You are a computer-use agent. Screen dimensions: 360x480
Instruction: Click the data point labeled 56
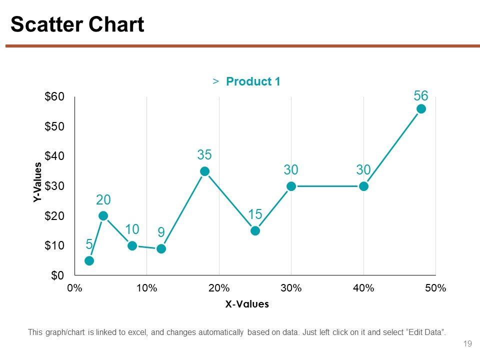point(421,109)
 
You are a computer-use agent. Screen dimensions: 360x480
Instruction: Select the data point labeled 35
point(204,171)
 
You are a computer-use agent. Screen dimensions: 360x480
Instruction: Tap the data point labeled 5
point(89,260)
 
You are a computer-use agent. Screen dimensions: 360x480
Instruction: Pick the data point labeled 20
point(103,216)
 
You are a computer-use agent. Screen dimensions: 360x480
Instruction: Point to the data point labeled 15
point(255,230)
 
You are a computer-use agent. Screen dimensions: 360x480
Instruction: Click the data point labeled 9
point(161,248)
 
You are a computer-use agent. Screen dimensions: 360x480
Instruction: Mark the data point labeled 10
point(132,245)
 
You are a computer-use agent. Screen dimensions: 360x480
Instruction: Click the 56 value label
point(421,95)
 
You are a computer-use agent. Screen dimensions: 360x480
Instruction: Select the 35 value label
point(204,155)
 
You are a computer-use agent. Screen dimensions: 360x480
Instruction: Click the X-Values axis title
point(247,303)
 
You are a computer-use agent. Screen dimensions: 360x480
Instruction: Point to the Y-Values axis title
point(37,182)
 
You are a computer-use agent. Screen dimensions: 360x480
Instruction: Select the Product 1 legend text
point(252,81)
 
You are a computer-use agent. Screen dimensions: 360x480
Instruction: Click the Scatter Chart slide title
point(77,25)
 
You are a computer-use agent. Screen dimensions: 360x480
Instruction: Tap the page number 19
point(468,343)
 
